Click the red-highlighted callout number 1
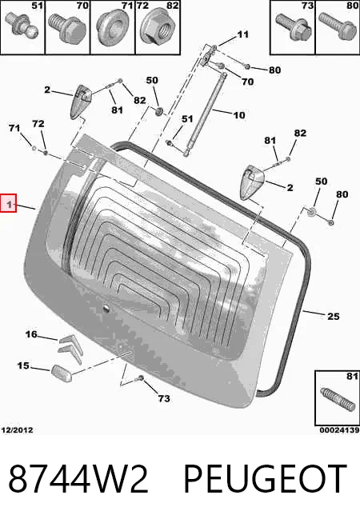[x=9, y=203]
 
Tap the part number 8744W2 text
[x=78, y=479]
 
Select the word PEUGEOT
[x=266, y=479]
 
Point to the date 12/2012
[x=17, y=430]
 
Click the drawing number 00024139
[x=339, y=430]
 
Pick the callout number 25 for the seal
[x=333, y=316]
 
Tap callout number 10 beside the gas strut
[x=239, y=115]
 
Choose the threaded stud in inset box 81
[x=336, y=400]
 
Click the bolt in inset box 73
[x=294, y=26]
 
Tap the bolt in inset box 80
[x=338, y=26]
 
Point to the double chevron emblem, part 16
[x=70, y=348]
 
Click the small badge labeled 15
[x=61, y=373]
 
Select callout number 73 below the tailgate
[x=164, y=398]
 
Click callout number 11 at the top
[x=243, y=34]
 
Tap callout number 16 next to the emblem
[x=31, y=334]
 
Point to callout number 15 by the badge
[x=23, y=366]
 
